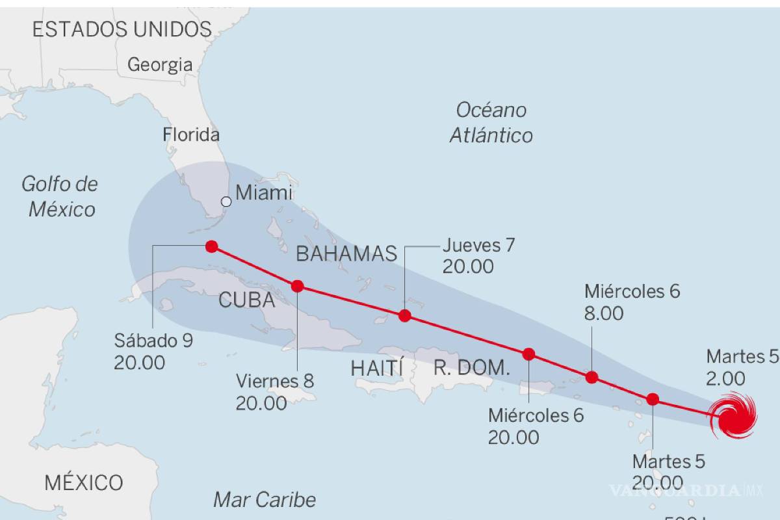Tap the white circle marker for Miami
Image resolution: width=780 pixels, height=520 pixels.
pyautogui.click(x=226, y=201)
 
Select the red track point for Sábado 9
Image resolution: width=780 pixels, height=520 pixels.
pyautogui.click(x=211, y=246)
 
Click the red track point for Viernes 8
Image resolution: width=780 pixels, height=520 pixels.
pyautogui.click(x=298, y=285)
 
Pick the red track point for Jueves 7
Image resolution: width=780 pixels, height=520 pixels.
pyautogui.click(x=405, y=316)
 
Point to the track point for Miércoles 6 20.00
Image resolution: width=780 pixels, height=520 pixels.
pyautogui.click(x=529, y=354)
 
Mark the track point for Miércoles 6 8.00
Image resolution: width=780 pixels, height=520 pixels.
pyautogui.click(x=592, y=377)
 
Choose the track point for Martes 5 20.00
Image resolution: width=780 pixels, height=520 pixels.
pyautogui.click(x=653, y=399)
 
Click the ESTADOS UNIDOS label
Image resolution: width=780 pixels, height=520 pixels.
pyautogui.click(x=122, y=29)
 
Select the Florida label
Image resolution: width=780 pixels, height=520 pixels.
pyautogui.click(x=191, y=135)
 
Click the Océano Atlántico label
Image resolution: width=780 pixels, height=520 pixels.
pyautogui.click(x=491, y=122)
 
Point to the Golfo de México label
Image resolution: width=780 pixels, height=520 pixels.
pyautogui.click(x=59, y=196)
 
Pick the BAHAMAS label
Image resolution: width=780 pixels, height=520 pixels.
pyautogui.click(x=346, y=253)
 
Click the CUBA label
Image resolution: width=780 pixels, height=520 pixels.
pyautogui.click(x=246, y=300)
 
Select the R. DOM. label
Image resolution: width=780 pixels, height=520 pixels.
pyautogui.click(x=471, y=368)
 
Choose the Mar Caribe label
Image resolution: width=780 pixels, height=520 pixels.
pyautogui.click(x=265, y=500)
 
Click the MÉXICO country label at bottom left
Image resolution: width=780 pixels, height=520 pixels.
pyautogui.click(x=84, y=483)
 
